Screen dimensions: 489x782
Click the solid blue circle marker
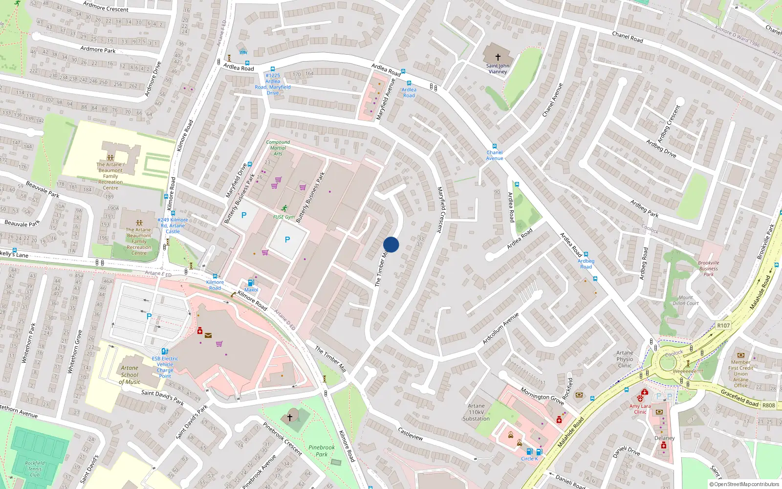click(x=391, y=244)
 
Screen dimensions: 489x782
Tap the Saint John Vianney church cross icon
click(x=498, y=57)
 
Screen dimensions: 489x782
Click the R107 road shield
click(x=723, y=325)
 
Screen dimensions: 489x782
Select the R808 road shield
click(x=768, y=405)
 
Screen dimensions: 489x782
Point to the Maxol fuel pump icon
click(x=251, y=282)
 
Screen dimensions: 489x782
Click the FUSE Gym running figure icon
click(x=284, y=208)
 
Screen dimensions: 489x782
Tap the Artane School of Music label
click(x=130, y=375)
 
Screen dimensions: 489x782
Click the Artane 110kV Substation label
click(x=476, y=412)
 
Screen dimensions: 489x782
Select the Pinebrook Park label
click(x=322, y=450)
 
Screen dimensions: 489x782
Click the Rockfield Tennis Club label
click(x=35, y=468)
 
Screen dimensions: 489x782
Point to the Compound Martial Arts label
click(x=278, y=148)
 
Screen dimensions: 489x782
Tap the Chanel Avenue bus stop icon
click(x=495, y=146)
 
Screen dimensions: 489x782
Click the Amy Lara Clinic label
click(x=640, y=409)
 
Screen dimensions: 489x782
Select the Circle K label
click(x=529, y=459)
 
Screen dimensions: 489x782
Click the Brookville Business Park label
click(x=709, y=268)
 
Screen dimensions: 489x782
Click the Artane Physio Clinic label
click(x=625, y=359)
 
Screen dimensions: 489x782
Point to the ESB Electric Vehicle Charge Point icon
click(x=165, y=351)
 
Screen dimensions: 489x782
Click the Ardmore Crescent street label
click(x=106, y=6)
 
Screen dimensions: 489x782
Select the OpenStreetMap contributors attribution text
click(x=744, y=484)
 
